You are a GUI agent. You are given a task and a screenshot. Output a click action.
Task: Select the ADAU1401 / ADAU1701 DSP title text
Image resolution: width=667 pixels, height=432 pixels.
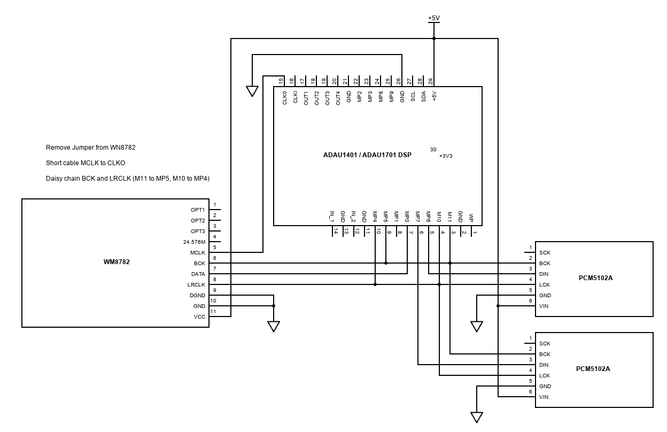click(x=367, y=155)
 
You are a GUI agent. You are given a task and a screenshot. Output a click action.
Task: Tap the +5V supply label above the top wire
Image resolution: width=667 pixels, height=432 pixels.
click(x=433, y=18)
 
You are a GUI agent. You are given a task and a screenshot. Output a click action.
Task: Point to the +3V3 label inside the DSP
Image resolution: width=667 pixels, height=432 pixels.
click(x=446, y=156)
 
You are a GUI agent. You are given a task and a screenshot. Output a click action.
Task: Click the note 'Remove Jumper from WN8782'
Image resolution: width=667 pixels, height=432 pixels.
click(x=94, y=147)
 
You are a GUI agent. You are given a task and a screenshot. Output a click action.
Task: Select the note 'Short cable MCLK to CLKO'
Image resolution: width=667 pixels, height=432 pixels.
click(x=86, y=163)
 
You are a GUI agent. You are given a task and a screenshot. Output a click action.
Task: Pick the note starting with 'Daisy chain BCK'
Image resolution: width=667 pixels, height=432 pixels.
click(x=128, y=179)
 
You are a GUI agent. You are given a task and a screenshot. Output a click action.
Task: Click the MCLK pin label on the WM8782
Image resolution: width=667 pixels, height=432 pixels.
click(x=197, y=253)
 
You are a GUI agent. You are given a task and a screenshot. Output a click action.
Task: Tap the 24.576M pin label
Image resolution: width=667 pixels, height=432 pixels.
click(x=194, y=242)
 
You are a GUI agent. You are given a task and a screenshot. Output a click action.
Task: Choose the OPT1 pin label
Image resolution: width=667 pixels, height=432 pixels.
click(x=198, y=210)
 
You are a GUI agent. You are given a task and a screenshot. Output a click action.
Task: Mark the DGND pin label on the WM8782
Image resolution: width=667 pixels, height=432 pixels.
click(x=197, y=296)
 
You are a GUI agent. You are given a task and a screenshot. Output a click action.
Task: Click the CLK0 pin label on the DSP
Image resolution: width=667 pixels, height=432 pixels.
click(x=284, y=98)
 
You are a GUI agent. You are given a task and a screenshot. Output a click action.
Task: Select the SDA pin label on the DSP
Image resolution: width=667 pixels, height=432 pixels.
click(x=423, y=97)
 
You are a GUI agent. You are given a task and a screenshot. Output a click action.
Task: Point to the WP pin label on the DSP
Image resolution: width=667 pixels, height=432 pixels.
click(x=471, y=218)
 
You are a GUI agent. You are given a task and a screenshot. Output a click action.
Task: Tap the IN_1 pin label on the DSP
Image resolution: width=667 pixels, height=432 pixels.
click(x=332, y=216)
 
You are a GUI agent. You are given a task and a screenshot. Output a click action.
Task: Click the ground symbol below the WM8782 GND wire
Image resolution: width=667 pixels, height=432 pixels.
click(x=274, y=326)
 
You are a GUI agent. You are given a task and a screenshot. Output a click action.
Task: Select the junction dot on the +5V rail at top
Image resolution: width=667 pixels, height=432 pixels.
click(x=434, y=38)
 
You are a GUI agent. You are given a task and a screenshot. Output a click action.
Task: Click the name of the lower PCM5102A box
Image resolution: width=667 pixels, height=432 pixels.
click(x=593, y=369)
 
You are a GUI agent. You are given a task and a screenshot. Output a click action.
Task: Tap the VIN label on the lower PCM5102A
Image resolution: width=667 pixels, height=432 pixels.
click(x=544, y=397)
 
